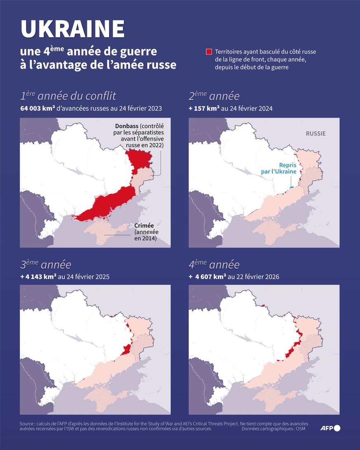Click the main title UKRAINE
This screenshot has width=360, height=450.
click(x=73, y=29)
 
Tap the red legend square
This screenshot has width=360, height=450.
click(x=209, y=52)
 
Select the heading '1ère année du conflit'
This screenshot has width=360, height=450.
click(x=68, y=96)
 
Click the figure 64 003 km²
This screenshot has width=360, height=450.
click(x=38, y=109)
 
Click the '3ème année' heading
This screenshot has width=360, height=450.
click(x=45, y=264)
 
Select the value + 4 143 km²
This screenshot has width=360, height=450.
click(x=38, y=277)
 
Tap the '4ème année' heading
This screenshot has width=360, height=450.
click(x=214, y=264)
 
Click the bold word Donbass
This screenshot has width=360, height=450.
click(x=126, y=126)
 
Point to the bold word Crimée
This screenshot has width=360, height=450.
click(x=144, y=226)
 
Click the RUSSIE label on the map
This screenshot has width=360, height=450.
click(x=315, y=134)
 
